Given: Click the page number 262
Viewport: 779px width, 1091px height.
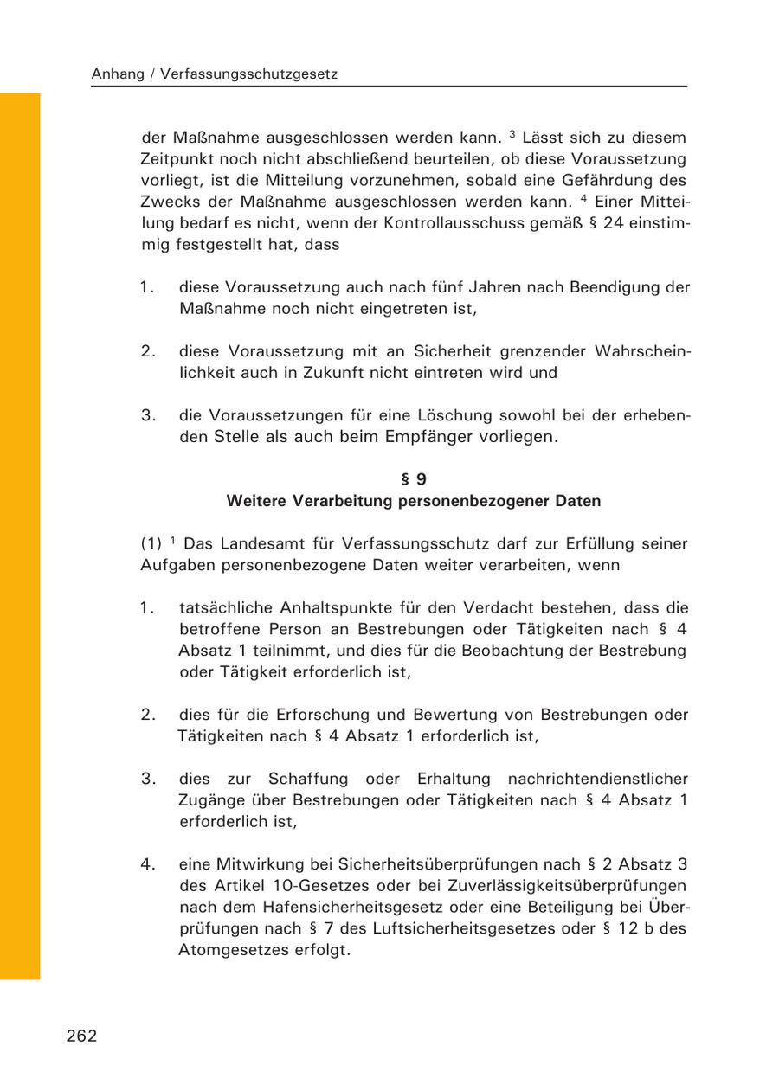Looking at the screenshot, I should (x=81, y=1036).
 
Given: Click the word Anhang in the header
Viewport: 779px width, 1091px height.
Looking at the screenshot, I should (x=118, y=74).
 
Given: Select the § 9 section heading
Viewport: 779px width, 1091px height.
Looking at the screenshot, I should (x=414, y=479).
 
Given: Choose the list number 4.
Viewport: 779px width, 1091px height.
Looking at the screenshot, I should (x=148, y=863).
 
